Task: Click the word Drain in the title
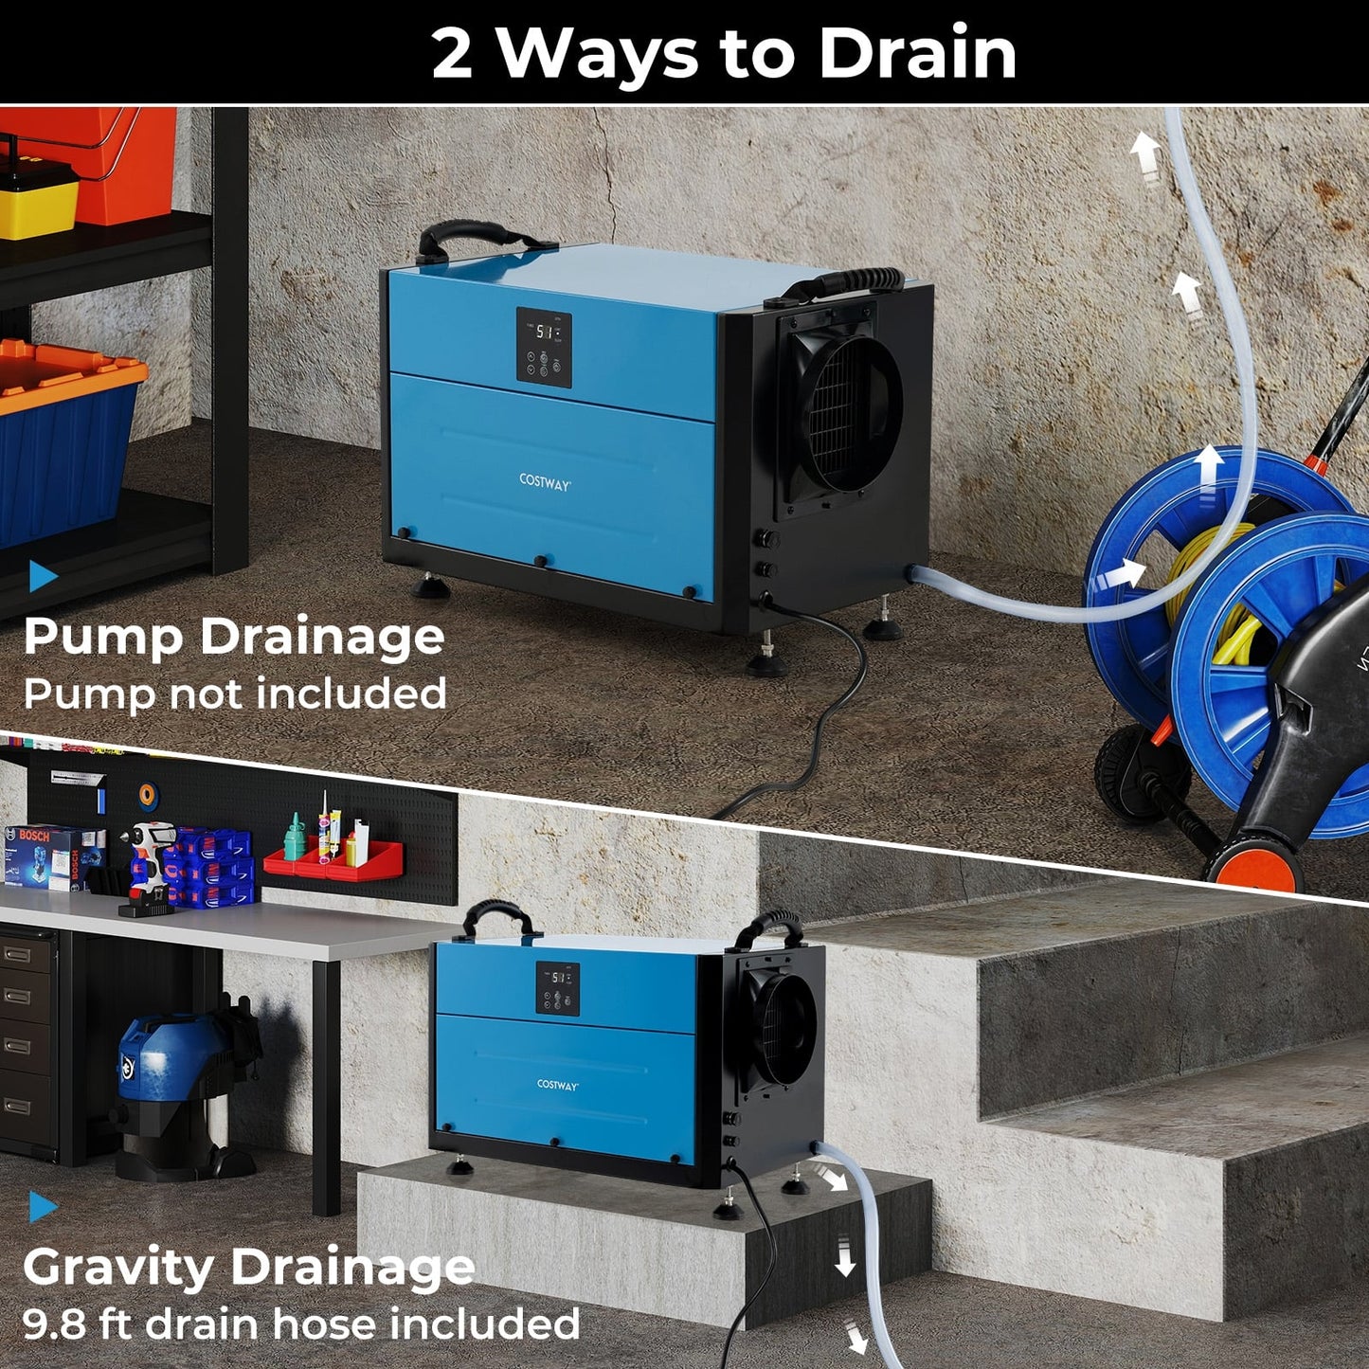917,53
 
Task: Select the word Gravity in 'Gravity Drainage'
117,1268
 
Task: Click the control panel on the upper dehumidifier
544,347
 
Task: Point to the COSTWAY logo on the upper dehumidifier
545,482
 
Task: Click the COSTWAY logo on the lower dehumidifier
557,1085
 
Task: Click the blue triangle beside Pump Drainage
42,575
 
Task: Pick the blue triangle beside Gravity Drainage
42,1206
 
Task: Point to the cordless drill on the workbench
147,867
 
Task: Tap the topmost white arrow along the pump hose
1145,154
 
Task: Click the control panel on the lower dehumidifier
558,988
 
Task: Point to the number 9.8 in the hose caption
55,1324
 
